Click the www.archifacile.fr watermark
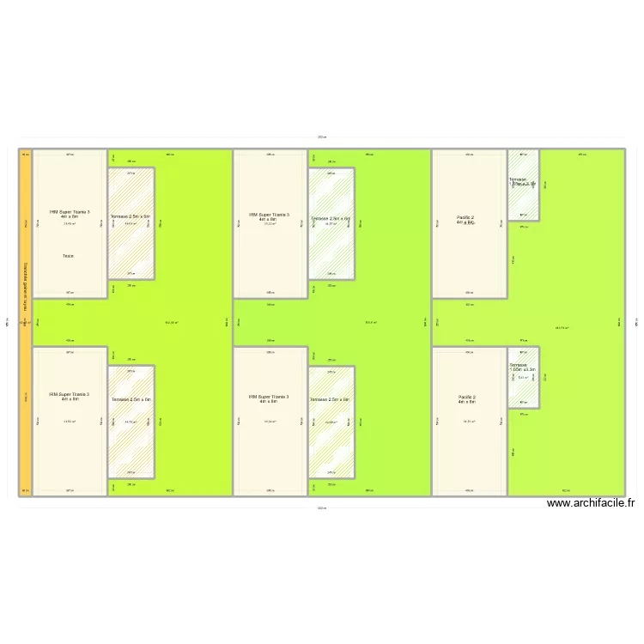tap(590, 504)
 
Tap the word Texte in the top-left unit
tap(68, 256)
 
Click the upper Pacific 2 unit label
tap(465, 220)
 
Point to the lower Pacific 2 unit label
tap(466, 399)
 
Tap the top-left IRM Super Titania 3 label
tap(70, 214)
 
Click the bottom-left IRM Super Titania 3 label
tap(70, 397)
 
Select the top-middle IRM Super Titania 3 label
tap(269, 217)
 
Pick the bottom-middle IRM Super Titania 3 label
tap(269, 399)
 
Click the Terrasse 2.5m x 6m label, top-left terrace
tap(131, 216)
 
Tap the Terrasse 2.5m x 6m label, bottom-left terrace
tap(131, 399)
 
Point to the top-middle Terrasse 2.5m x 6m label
tap(331, 218)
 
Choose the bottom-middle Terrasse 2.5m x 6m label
tap(331, 399)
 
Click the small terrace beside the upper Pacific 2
tap(523, 182)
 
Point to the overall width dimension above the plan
tap(321, 137)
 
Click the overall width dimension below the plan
tap(321, 508)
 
